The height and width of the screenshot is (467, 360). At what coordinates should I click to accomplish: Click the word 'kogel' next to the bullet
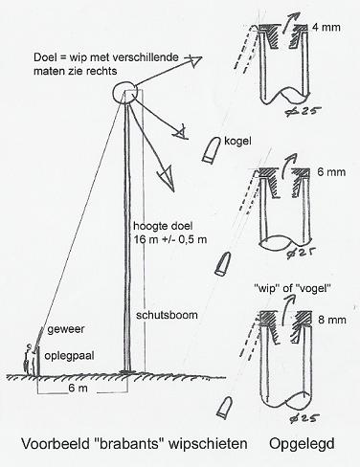point(237,141)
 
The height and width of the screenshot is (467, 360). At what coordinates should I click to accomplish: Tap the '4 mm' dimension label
point(326,27)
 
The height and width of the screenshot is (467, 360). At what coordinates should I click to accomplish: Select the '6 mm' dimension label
point(331,172)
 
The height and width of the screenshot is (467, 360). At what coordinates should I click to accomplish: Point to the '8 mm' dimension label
point(332,320)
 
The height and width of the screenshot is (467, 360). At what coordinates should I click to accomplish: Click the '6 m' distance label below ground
point(78,389)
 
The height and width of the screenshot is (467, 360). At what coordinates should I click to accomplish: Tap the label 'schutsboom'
point(167,315)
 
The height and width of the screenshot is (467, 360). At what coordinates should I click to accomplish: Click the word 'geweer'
point(66,329)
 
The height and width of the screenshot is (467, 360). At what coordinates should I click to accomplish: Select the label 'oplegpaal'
point(69,356)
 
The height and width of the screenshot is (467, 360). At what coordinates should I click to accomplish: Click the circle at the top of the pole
point(114,93)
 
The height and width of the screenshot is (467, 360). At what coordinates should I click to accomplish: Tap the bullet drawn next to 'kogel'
point(212,149)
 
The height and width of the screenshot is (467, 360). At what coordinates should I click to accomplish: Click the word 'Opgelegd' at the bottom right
point(302,444)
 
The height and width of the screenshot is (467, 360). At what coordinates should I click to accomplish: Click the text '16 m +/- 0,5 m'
point(169,239)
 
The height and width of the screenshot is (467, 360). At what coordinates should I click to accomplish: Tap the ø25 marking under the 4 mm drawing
point(303,111)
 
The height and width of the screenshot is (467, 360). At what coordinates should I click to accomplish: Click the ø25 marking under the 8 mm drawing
point(303,418)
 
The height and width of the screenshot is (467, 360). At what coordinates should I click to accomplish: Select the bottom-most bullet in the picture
point(224,407)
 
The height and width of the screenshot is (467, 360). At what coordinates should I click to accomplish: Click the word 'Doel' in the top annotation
point(45,57)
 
